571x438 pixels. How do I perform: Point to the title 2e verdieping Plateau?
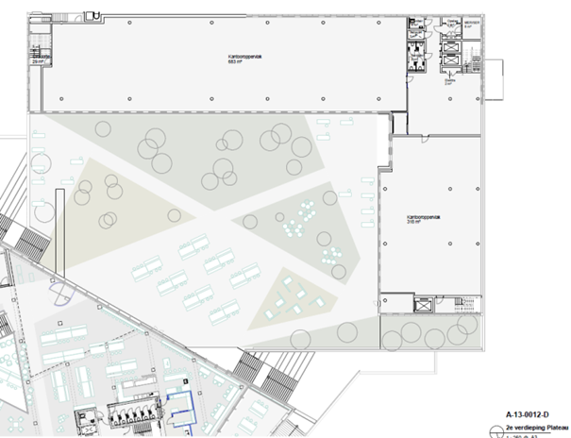tap(531, 426)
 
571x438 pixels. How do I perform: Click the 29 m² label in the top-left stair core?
tap(39, 59)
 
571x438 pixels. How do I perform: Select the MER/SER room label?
tap(472, 25)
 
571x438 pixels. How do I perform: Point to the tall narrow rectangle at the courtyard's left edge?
tap(57, 230)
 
